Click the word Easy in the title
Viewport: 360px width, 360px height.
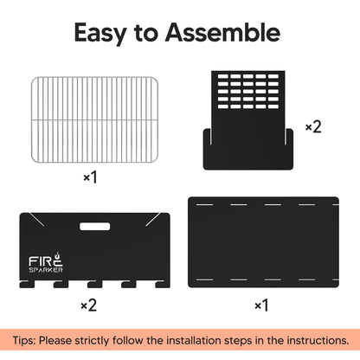click(x=100, y=33)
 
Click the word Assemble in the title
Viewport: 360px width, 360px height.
click(x=222, y=32)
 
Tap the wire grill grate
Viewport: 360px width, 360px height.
click(x=94, y=119)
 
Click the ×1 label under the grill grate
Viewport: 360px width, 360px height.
click(x=90, y=177)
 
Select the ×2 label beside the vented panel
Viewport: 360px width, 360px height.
click(x=313, y=126)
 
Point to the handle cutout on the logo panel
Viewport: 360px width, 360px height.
click(x=94, y=227)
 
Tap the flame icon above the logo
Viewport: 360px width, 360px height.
click(x=58, y=255)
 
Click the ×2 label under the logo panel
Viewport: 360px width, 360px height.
click(x=89, y=305)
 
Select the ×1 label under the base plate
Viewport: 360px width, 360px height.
click(x=261, y=305)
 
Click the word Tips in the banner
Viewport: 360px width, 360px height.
click(x=23, y=341)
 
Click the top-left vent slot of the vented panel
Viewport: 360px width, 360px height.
click(x=223, y=76)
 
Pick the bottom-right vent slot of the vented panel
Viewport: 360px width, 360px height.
click(x=273, y=106)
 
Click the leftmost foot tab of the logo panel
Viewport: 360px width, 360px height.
click(x=27, y=284)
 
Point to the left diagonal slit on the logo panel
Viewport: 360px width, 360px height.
click(x=36, y=219)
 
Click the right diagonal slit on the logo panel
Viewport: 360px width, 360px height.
click(x=153, y=219)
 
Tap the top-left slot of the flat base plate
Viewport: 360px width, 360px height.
click(x=204, y=204)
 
